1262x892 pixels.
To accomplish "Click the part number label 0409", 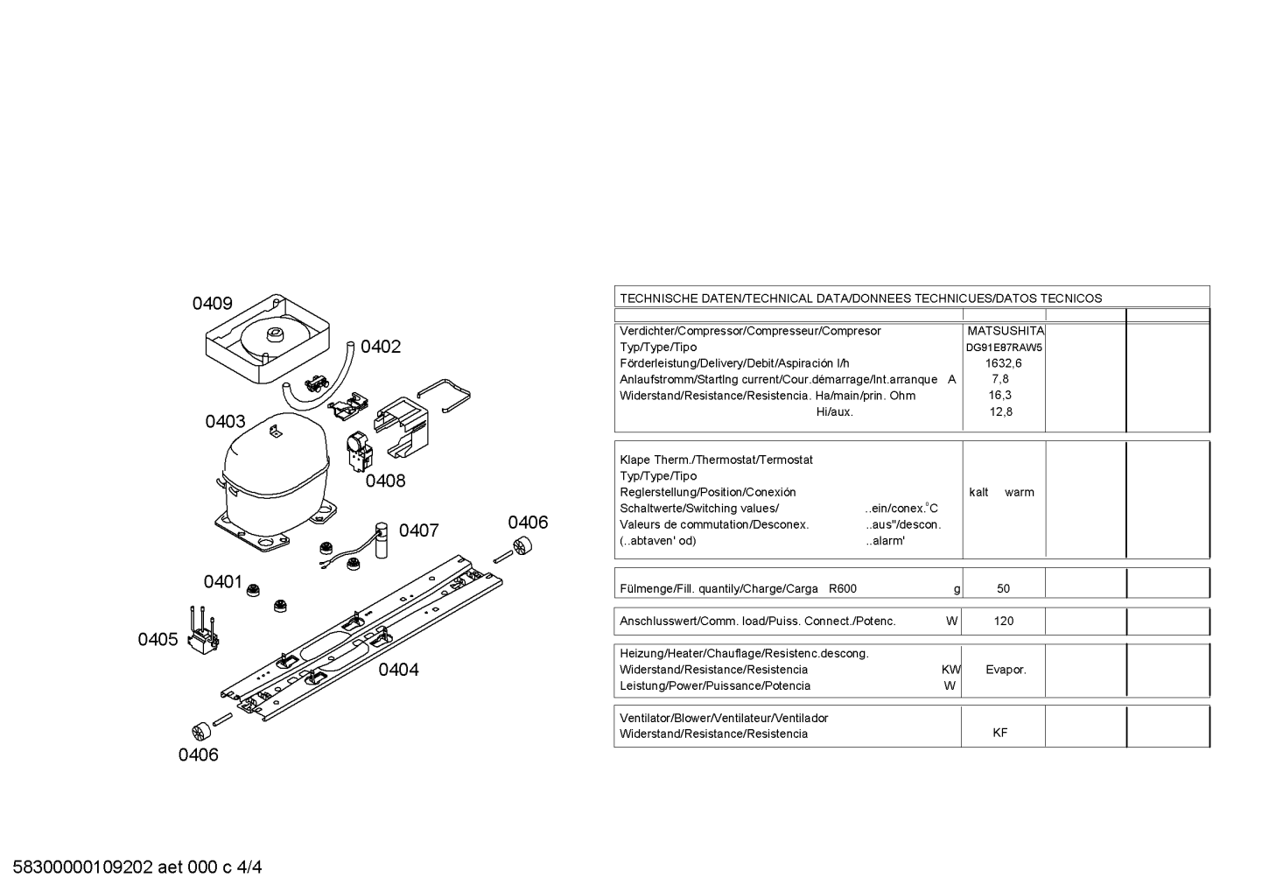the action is click(213, 304).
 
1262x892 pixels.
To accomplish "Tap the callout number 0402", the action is click(381, 347).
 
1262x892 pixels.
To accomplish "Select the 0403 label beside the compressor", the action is click(226, 421).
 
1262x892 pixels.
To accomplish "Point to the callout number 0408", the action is click(385, 481).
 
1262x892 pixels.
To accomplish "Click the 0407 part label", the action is click(418, 530).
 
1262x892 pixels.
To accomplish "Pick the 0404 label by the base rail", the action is click(398, 670).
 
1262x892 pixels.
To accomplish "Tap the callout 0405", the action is click(158, 639).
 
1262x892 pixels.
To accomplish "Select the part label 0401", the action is click(223, 581).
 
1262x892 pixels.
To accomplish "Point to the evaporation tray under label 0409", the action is click(267, 338).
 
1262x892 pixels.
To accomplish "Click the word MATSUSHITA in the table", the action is click(1006, 331).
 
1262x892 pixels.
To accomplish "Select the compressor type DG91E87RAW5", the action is click(1004, 348).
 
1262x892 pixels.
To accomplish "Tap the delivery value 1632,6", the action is click(1004, 363).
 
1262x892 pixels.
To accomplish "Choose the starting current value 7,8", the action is click(1000, 379).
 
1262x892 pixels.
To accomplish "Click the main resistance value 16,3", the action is click(1000, 396).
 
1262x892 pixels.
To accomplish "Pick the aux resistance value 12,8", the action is click(1001, 412).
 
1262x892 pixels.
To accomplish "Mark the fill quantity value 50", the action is click(1004, 589).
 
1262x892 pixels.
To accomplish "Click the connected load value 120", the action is click(1004, 621).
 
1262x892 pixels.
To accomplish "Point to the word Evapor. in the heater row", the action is click(1006, 670).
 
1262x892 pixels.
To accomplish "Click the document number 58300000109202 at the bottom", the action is click(83, 867).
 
